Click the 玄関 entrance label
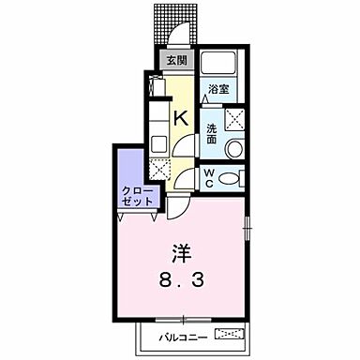coord(175,61)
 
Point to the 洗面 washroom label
coord(213,128)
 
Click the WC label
coord(211,176)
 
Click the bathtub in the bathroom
coord(224,65)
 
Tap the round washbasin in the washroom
coord(232,148)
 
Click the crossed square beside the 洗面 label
coord(235,118)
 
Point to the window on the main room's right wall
coord(248,225)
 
